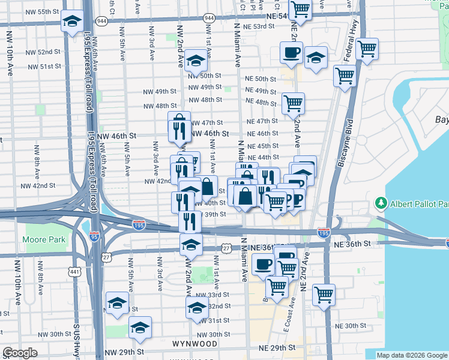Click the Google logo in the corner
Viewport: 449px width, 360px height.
(x=20, y=353)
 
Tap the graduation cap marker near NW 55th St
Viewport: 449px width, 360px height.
(x=73, y=23)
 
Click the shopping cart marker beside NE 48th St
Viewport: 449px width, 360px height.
(x=293, y=103)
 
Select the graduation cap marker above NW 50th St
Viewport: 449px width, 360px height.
(x=195, y=61)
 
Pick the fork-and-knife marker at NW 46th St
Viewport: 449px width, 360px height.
(x=179, y=130)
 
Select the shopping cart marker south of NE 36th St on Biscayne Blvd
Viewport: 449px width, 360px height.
(x=324, y=295)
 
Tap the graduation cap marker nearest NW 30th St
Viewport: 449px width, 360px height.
(x=140, y=327)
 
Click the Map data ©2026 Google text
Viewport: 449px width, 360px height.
(x=412, y=355)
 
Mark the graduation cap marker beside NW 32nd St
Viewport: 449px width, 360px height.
(x=196, y=308)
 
